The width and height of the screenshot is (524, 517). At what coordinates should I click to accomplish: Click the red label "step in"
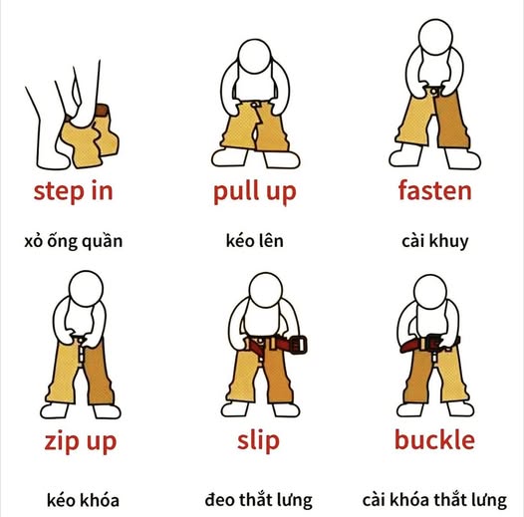(x=73, y=191)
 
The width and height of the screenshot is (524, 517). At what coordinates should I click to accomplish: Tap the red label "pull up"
(x=255, y=192)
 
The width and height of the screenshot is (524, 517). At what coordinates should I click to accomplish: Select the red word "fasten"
(x=434, y=190)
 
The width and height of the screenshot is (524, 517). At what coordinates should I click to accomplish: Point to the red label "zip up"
(x=81, y=442)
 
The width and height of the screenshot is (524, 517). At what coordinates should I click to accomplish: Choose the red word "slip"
(x=258, y=441)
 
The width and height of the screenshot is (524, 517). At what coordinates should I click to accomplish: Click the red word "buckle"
(x=434, y=440)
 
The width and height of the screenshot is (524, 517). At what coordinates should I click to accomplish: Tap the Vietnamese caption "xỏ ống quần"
(x=73, y=242)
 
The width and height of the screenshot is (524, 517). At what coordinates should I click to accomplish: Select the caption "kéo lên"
(x=255, y=241)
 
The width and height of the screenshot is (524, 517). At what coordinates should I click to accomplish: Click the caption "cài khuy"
(x=434, y=242)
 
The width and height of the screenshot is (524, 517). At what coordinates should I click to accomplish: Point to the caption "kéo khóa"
(x=83, y=500)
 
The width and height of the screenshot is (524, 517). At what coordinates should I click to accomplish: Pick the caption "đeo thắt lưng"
(x=259, y=500)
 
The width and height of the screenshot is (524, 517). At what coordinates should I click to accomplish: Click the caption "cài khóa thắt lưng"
(x=434, y=500)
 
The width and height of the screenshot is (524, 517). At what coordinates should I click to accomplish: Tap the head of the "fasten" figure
(x=435, y=37)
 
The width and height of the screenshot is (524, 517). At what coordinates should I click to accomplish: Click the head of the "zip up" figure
(x=86, y=289)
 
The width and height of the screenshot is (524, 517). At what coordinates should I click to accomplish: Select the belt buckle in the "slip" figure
(x=298, y=345)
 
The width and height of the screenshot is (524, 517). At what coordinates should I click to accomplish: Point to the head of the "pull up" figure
(x=255, y=56)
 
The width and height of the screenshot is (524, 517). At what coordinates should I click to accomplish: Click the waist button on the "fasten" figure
(x=433, y=91)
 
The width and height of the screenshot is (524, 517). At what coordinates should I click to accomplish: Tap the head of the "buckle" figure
(x=430, y=292)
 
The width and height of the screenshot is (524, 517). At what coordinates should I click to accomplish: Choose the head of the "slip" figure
(x=266, y=290)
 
